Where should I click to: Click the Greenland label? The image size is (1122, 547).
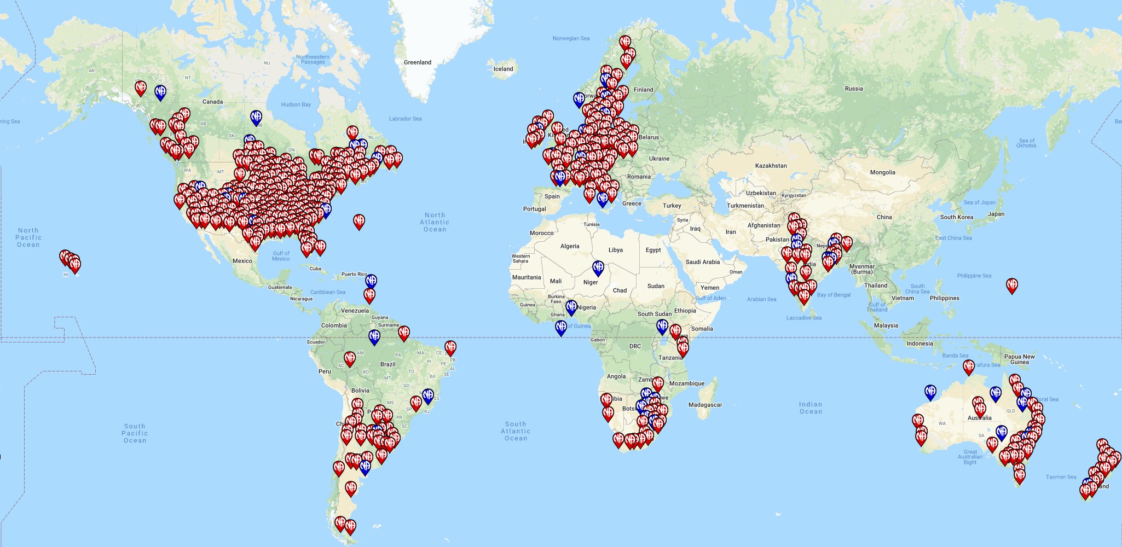click(418, 62)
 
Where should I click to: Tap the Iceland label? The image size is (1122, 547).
click(503, 69)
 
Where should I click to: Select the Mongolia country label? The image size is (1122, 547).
click(882, 172)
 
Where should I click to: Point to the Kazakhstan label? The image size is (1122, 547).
click(771, 166)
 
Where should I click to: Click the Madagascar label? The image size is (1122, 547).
click(705, 405)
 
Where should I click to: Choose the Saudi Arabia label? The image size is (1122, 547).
click(702, 262)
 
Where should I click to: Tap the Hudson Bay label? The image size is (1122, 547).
click(296, 104)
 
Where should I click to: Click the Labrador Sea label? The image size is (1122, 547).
click(405, 119)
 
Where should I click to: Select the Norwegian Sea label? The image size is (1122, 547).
click(571, 38)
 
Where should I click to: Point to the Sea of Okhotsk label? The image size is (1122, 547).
click(1026, 143)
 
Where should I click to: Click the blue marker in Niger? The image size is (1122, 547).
click(598, 268)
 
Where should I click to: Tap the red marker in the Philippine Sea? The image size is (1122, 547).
click(1012, 285)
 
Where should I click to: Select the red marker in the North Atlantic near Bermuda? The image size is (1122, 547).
click(359, 221)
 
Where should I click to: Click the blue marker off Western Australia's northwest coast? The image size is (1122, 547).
click(930, 392)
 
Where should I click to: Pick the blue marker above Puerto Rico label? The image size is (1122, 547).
click(371, 281)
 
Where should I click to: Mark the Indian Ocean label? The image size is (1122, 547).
click(810, 408)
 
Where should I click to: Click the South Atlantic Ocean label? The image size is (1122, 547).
click(516, 431)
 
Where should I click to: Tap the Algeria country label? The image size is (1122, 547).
click(569, 246)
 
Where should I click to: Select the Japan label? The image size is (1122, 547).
click(996, 214)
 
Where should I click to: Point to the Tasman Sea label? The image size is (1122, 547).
click(1061, 477)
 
